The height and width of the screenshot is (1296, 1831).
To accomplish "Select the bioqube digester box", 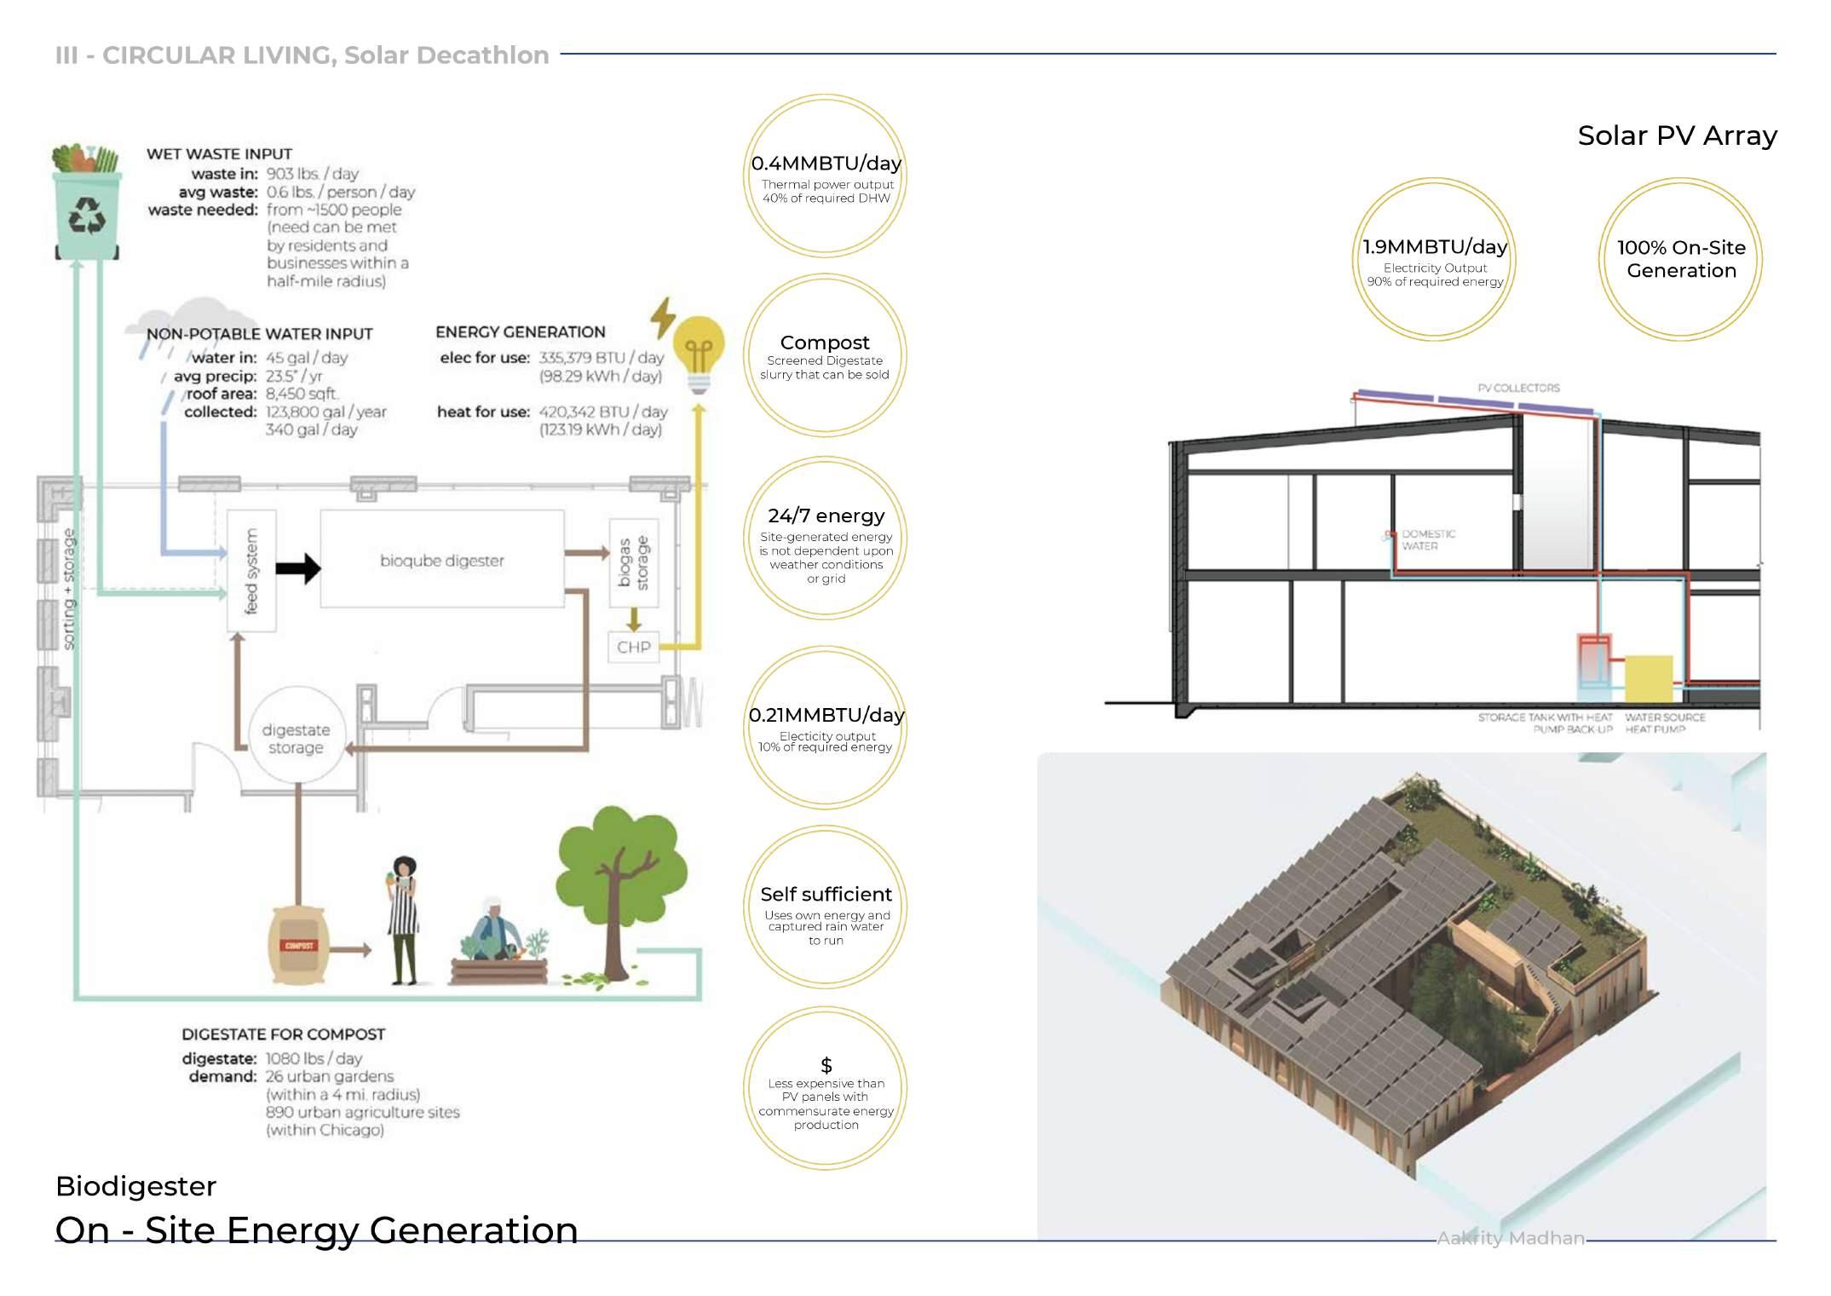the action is tap(441, 560).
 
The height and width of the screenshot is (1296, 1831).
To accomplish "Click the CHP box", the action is tap(633, 647).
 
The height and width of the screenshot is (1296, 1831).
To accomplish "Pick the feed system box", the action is tap(251, 570).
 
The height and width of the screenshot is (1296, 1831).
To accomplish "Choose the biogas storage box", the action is tap(634, 562).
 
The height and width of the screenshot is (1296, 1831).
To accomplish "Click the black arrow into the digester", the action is tap(297, 568).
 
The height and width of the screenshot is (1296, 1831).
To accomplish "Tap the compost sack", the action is tap(298, 945).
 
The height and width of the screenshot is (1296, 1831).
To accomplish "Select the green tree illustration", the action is tap(620, 886).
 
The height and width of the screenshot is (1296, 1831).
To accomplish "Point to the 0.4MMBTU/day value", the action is tap(826, 164).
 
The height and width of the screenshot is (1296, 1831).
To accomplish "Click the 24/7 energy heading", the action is tap(826, 516).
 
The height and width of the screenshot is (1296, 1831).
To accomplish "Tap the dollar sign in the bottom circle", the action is tap(826, 1065).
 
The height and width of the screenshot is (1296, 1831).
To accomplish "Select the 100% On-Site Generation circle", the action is tap(1680, 259).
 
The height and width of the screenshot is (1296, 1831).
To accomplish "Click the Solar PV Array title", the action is tap(1677, 135).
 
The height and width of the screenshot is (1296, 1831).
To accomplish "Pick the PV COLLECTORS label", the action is tap(1518, 388).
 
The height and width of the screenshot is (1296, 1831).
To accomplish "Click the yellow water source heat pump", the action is tap(1648, 679).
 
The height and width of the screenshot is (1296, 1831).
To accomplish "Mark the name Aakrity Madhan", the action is tap(1511, 1238).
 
